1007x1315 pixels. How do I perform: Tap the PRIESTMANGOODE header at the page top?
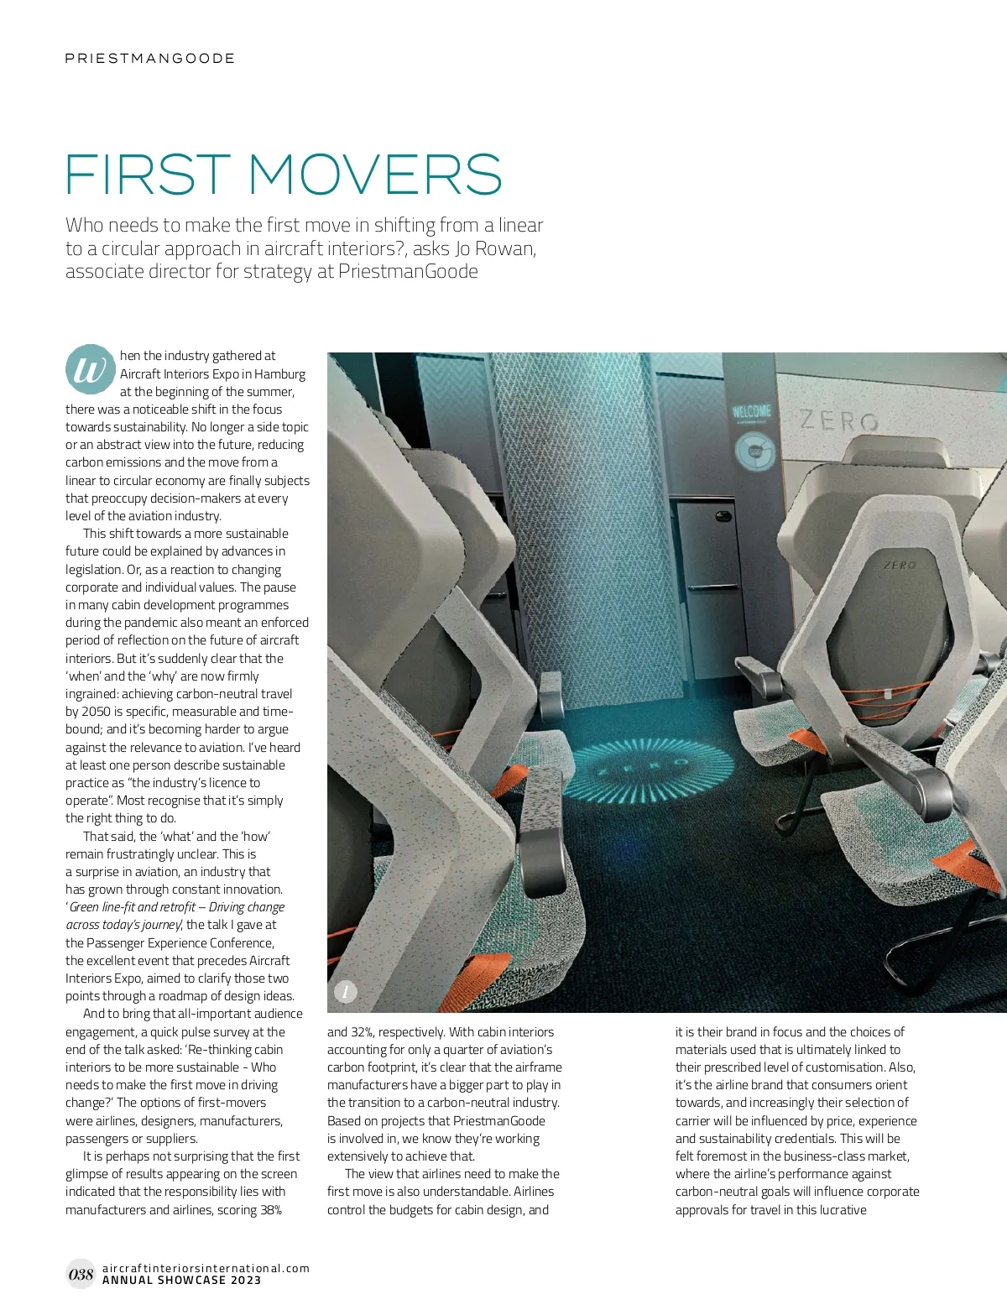pos(150,59)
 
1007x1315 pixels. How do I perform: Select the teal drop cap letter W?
pos(90,370)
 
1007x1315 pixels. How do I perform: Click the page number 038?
pos(81,1274)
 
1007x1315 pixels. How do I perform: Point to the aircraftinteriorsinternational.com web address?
pos(206,1268)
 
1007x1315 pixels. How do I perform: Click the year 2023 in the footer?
pos(246,1281)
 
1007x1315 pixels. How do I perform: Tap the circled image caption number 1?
pos(346,991)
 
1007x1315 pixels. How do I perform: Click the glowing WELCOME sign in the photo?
pos(751,411)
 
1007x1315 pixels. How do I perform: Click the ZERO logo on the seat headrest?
pos(900,565)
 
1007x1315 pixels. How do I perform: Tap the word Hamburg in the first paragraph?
pos(279,373)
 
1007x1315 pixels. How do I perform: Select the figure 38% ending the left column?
pos(271,1209)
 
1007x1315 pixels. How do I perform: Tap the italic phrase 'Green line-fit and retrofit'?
pos(133,907)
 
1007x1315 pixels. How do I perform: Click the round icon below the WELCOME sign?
pos(754,451)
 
